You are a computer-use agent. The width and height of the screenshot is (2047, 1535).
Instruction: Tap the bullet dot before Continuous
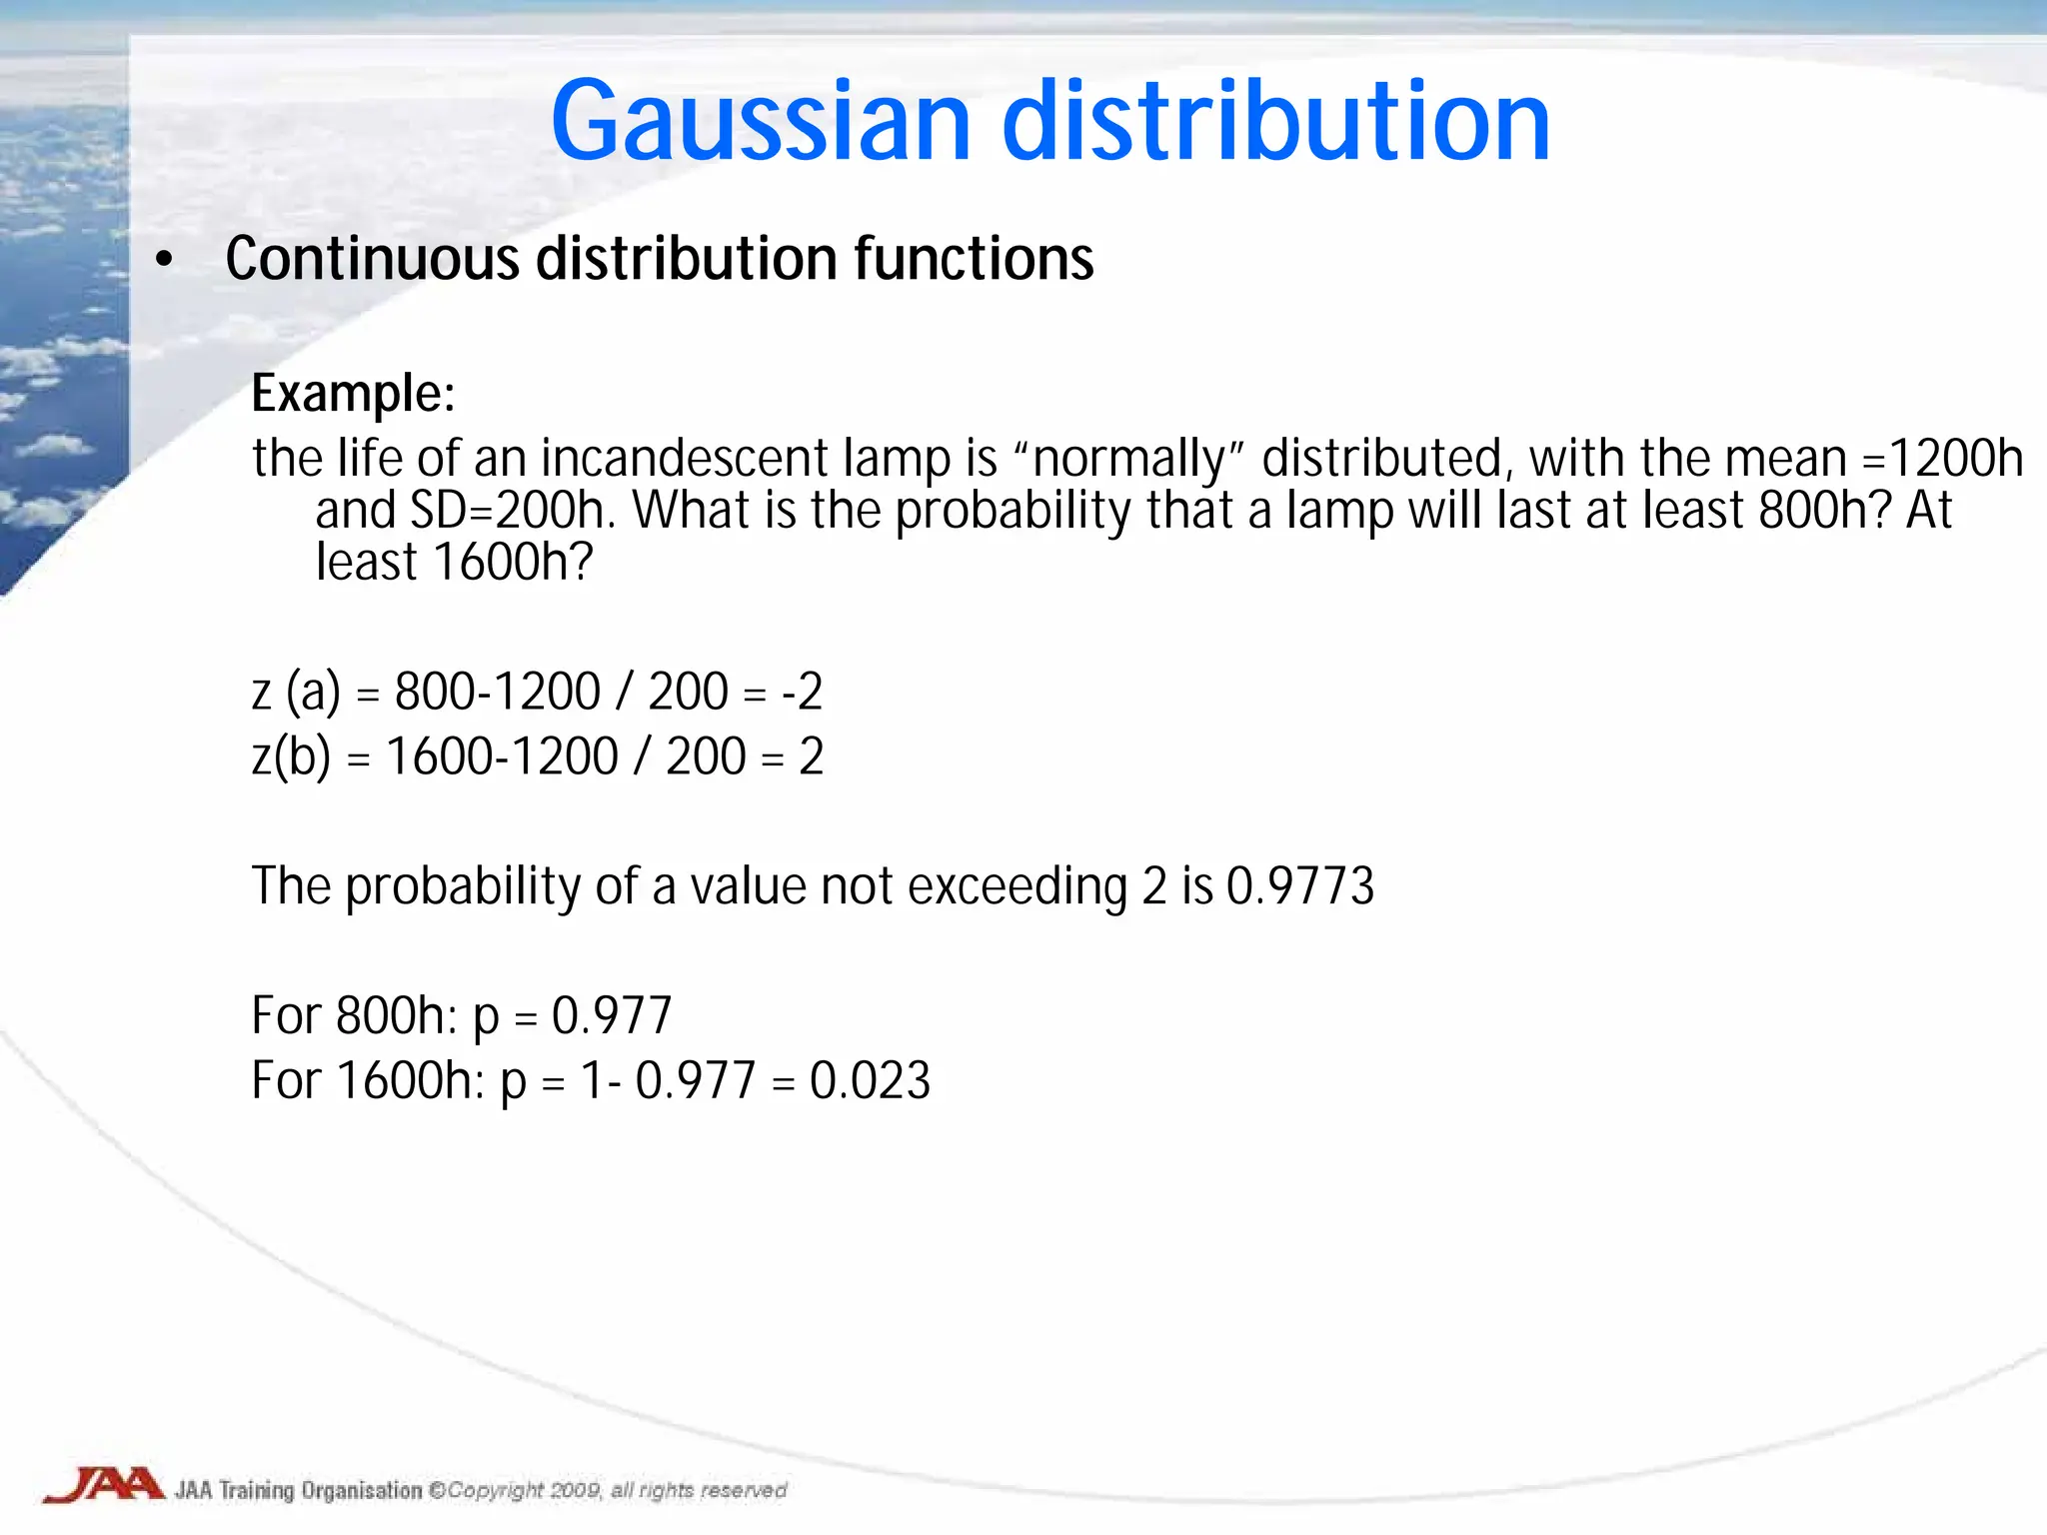165,261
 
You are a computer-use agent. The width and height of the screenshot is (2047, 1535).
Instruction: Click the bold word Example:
353,393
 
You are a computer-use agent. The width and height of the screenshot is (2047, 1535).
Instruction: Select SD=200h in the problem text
508,511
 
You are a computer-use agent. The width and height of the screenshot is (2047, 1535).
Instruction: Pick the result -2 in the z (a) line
802,692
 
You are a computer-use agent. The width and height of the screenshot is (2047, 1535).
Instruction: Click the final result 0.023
870,1080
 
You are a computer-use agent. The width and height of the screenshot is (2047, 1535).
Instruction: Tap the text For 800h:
353,1016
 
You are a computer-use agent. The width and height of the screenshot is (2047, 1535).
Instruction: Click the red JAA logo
103,1485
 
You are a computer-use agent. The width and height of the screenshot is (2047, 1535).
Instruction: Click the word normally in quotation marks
1128,461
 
